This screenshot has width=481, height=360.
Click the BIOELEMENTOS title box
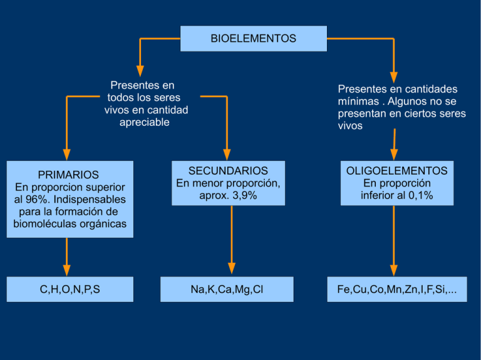[x=253, y=39]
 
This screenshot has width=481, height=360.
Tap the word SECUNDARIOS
[x=228, y=170]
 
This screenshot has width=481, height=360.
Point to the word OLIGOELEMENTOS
[x=396, y=170]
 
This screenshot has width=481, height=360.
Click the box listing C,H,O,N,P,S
[x=70, y=289]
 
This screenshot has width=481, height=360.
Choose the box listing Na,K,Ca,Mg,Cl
[x=227, y=289]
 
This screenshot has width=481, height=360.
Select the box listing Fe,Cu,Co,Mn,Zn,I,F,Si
[x=396, y=289]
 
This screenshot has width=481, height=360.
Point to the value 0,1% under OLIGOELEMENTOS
[x=420, y=195]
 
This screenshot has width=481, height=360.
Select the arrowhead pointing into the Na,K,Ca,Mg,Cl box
[x=232, y=269]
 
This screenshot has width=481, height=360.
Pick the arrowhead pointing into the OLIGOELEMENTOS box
[x=394, y=154]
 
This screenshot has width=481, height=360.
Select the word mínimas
[x=359, y=101]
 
